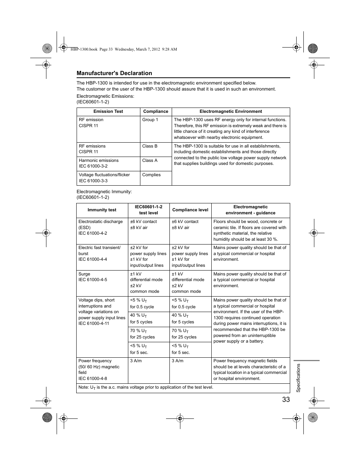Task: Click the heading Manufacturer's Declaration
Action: coord(114,73)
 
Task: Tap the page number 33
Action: coord(286,400)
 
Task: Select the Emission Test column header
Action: coord(108,111)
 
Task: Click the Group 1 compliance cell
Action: coord(150,120)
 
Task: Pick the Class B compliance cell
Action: coord(150,146)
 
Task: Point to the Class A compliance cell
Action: coord(150,160)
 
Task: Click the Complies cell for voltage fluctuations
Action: coord(151,175)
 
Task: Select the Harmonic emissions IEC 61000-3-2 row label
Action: coord(98,163)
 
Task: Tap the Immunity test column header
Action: coord(102,210)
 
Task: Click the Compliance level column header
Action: coord(190,210)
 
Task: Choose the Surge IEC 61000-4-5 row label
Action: coord(92,277)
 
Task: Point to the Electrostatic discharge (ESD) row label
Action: coord(100,227)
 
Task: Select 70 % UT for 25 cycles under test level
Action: coord(142,334)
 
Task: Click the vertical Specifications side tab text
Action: coord(298,378)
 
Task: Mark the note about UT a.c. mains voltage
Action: coord(146,388)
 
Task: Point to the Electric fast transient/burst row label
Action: coord(100,254)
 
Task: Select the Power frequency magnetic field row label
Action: coord(99,369)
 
